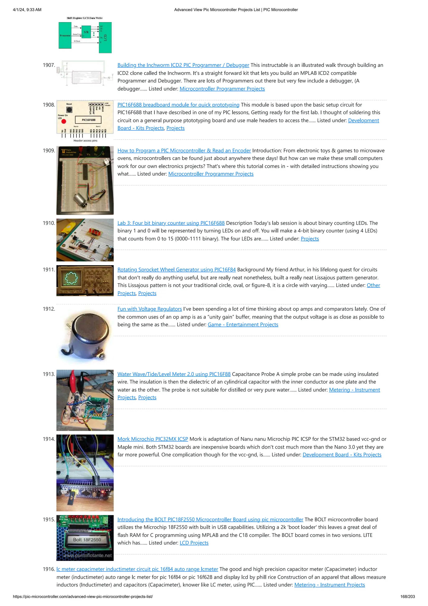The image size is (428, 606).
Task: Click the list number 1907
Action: [49, 65]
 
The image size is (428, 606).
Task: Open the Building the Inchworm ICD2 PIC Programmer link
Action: [183, 65]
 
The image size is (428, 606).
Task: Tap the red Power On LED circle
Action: [64, 121]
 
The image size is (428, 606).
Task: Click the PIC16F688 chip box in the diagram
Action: [89, 120]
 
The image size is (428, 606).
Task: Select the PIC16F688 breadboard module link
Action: [178, 105]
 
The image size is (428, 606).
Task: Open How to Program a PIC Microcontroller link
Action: [184, 150]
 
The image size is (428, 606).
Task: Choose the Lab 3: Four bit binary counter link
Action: [171, 223]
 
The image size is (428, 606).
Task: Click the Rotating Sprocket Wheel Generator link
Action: [176, 270]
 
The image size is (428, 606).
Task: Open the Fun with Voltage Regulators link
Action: [149, 309]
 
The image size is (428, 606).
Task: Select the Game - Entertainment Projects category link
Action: [243, 324]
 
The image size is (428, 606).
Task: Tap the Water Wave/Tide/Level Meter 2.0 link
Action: [174, 374]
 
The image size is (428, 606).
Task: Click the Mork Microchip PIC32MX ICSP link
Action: [153, 439]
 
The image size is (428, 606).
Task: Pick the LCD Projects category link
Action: [194, 543]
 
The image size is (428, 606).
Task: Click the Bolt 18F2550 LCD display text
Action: [87, 540]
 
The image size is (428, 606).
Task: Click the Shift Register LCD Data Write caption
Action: [85, 18]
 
